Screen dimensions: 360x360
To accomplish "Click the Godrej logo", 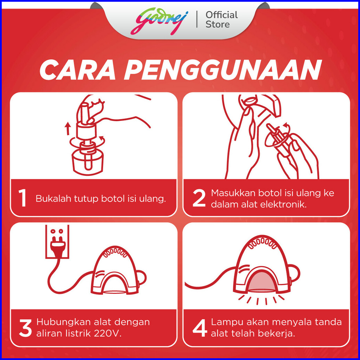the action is coord(159,21).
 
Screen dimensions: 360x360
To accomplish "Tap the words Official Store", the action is coord(221,19).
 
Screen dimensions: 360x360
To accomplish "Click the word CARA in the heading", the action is coord(77,70).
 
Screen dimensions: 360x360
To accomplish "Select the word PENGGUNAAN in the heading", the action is coord(223,70).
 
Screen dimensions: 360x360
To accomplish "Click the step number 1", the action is coord(22,198).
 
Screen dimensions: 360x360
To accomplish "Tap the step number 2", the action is coord(199,198).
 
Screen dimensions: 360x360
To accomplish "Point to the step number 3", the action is coord(25,328).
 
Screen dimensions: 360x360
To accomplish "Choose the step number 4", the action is coord(200,328).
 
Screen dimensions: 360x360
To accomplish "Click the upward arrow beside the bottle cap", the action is coord(68,128).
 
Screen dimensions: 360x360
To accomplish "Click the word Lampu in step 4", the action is coord(227,322).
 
